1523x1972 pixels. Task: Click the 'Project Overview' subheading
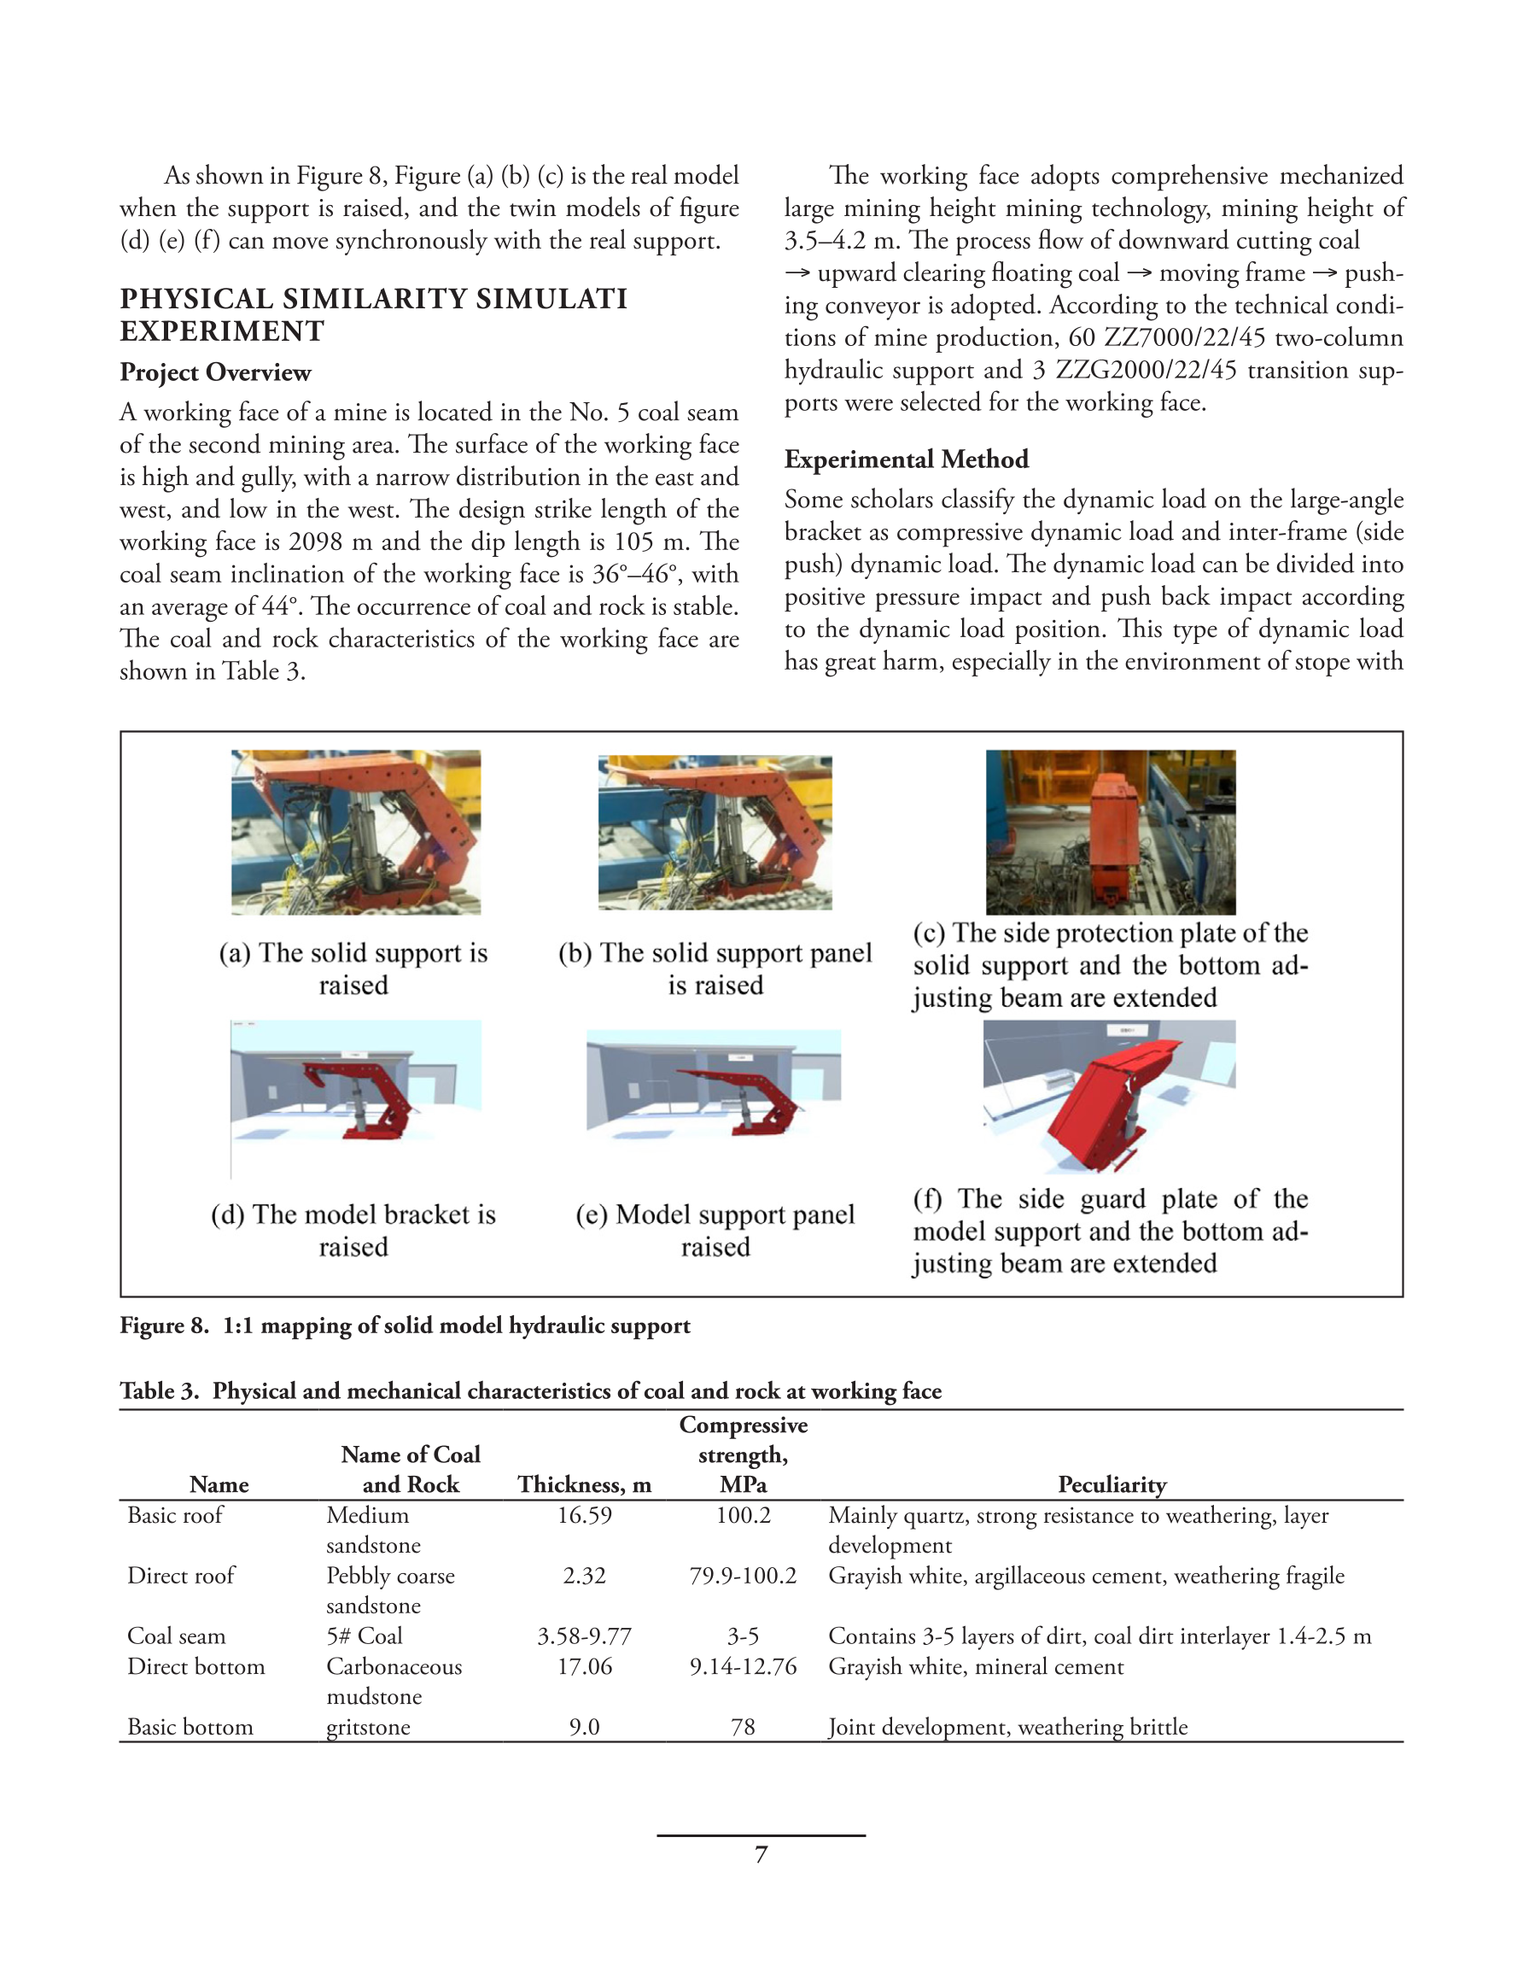(215, 372)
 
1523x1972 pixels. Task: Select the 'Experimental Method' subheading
(906, 459)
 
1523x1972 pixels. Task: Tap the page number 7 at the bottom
(761, 1855)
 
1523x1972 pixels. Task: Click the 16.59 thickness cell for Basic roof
(584, 1515)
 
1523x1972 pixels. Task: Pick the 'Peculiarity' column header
(1112, 1484)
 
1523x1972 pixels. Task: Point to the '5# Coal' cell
(364, 1636)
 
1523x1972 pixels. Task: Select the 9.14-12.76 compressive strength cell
(743, 1666)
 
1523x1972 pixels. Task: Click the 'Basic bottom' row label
(190, 1726)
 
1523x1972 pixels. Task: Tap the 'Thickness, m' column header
(584, 1484)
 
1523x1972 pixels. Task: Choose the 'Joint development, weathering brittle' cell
(1007, 1726)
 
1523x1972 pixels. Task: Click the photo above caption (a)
(356, 832)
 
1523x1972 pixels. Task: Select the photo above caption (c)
(1111, 832)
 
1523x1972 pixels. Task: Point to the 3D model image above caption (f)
(1109, 1096)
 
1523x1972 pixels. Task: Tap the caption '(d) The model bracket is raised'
(353, 1230)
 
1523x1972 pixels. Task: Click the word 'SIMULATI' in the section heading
(551, 299)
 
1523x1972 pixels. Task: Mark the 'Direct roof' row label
(180, 1576)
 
